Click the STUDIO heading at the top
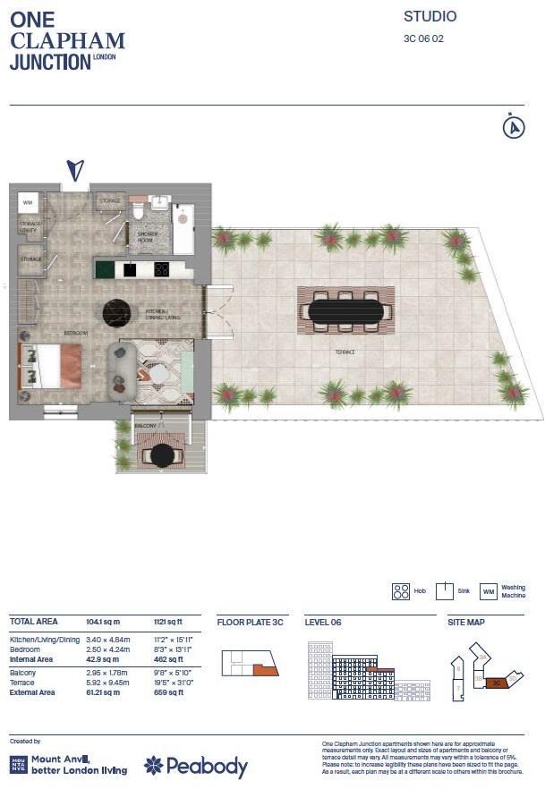pyautogui.click(x=430, y=16)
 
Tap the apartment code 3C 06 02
pyautogui.click(x=423, y=38)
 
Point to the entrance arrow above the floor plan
pyautogui.click(x=76, y=169)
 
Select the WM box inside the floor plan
pyautogui.click(x=27, y=201)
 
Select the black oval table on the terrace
pyautogui.click(x=345, y=310)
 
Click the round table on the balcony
pyautogui.click(x=162, y=455)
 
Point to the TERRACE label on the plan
pyautogui.click(x=345, y=352)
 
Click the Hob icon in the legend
pyautogui.click(x=400, y=591)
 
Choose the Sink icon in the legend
pyautogui.click(x=445, y=591)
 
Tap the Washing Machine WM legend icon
pyautogui.click(x=489, y=591)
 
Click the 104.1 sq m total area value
pyautogui.click(x=104, y=621)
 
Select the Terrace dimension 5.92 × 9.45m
pyautogui.click(x=107, y=682)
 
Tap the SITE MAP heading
pyautogui.click(x=466, y=621)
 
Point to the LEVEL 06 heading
pyautogui.click(x=323, y=621)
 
